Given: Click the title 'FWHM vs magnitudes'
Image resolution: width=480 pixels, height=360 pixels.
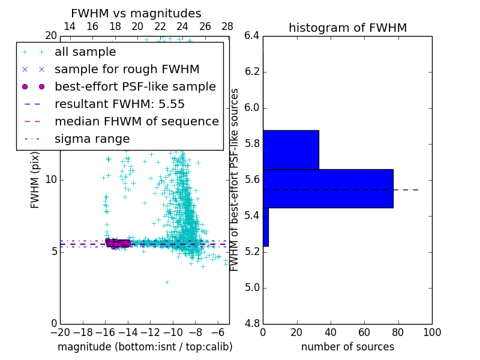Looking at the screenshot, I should tap(136, 13).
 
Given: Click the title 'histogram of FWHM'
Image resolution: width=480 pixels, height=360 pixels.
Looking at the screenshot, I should tap(347, 28).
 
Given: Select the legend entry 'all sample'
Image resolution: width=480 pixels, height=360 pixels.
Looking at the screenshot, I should tap(85, 52).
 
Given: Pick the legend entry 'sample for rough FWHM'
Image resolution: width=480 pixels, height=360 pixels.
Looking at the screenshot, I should tap(127, 69).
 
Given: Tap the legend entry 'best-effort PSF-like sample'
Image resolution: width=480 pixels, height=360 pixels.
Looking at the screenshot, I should tap(135, 86).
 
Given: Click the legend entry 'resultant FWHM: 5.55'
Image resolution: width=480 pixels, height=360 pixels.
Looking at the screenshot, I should tap(119, 104).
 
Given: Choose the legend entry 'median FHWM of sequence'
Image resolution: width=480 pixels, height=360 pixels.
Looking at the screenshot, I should tap(136, 121).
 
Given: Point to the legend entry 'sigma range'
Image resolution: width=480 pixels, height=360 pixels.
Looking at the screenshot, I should tap(92, 139).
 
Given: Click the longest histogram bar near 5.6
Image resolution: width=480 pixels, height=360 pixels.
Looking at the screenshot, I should tap(328, 188).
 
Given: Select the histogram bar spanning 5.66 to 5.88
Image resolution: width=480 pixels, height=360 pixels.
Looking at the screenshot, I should tap(290, 149).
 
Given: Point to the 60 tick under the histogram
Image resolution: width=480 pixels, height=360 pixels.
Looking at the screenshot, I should tap(364, 332).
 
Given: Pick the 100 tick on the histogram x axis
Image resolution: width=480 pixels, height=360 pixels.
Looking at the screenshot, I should tap(431, 332).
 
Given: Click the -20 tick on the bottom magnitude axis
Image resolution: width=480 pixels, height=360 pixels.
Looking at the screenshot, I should tap(60, 332).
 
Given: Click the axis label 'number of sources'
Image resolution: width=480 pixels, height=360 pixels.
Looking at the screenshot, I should tap(347, 347).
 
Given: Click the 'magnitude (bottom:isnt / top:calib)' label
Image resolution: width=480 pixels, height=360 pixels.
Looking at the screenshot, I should tap(145, 347).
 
